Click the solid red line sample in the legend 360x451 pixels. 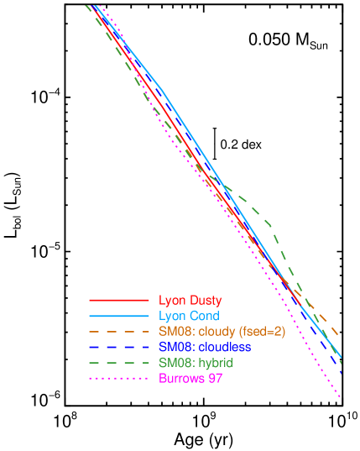tap(118, 299)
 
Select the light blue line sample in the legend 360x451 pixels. tap(118, 316)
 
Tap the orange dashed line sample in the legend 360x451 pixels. tap(118, 332)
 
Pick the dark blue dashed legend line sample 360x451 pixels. tap(118, 347)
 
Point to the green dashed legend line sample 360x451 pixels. tap(118, 363)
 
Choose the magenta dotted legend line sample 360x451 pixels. tap(118, 379)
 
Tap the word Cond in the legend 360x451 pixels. tap(205, 316)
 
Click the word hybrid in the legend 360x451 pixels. tap(214, 363)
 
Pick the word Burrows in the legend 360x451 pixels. tap(181, 379)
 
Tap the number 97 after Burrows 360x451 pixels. tap(215, 379)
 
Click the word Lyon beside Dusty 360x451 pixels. tap(173, 300)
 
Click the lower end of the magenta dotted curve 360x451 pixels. tap(341, 397)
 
